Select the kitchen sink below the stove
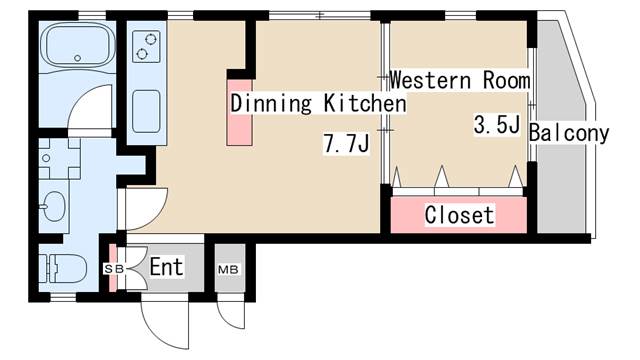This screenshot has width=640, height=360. (x=147, y=106)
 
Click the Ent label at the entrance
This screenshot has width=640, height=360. (x=166, y=267)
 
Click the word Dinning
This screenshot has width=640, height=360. (x=274, y=103)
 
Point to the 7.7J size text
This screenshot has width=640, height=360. (x=346, y=145)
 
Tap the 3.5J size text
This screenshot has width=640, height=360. (x=497, y=125)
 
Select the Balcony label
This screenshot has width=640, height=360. (x=568, y=133)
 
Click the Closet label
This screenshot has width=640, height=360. (x=459, y=215)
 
